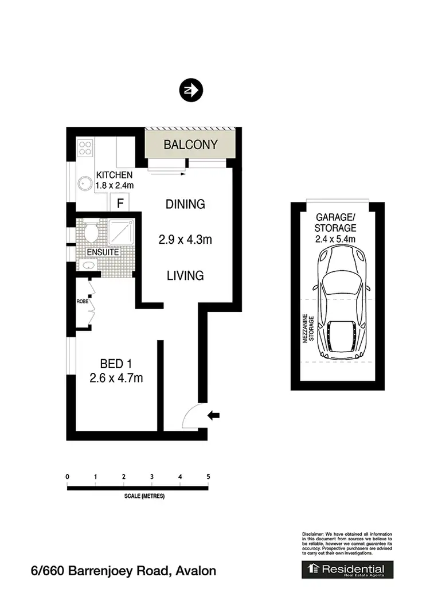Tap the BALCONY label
click(x=190, y=145)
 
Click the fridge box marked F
click(x=120, y=203)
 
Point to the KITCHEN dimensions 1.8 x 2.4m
click(x=115, y=185)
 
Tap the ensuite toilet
click(x=90, y=232)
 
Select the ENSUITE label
click(x=103, y=252)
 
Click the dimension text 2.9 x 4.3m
click(x=185, y=240)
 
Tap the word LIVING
click(x=185, y=276)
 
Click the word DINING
click(x=185, y=204)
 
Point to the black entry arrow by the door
click(x=214, y=415)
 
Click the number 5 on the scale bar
click(x=208, y=477)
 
